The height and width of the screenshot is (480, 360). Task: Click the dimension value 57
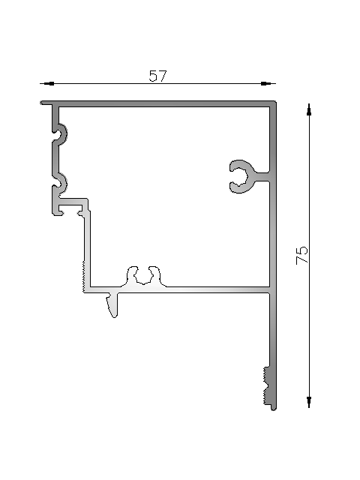pos(157,76)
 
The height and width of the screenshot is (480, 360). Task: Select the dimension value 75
pos(302,254)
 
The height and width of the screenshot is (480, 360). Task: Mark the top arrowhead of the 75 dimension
pos(309,109)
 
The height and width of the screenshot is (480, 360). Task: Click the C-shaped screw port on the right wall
pos(241,175)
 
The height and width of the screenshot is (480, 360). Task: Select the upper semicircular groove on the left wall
pos(61,135)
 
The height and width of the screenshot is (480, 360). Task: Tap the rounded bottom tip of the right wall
pos(273,407)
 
